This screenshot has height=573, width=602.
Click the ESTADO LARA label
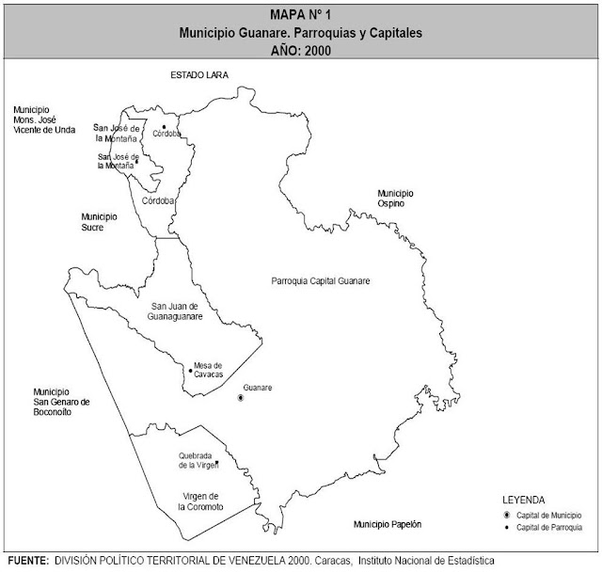198,73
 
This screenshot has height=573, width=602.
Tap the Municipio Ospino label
396,198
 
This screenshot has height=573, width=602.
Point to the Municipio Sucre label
99,221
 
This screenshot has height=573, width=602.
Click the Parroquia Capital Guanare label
320,281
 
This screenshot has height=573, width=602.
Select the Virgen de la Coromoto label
188,501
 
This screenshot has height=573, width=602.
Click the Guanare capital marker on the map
241,399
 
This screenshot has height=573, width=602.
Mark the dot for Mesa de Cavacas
190,371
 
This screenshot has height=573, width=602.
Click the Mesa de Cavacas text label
208,370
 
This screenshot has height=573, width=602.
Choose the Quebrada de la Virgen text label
198,461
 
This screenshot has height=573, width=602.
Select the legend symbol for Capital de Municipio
508,516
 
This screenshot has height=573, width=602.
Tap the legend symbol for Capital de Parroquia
508,529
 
